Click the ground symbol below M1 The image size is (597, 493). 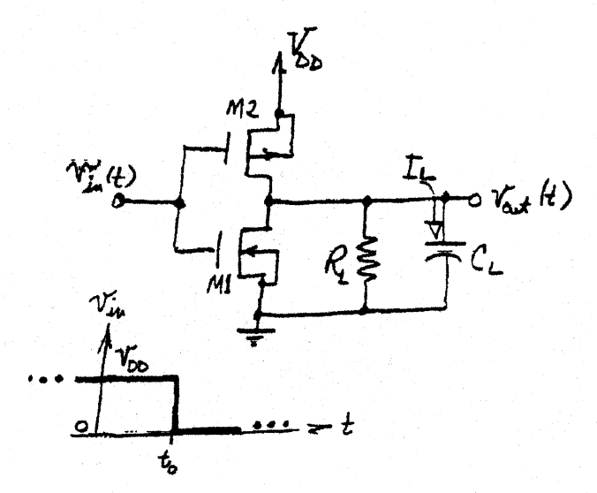(259, 333)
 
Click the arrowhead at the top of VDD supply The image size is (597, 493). (281, 40)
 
